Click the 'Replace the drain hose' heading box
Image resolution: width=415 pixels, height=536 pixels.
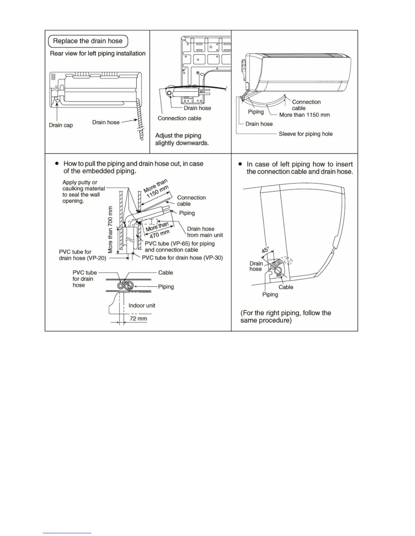[x=88, y=41]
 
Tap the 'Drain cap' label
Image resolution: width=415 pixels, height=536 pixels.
[x=61, y=125]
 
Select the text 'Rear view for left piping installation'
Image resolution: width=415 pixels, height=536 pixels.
[x=98, y=53]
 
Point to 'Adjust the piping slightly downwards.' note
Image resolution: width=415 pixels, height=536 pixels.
[x=182, y=139]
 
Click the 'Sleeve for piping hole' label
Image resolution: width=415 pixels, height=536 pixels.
[x=305, y=134]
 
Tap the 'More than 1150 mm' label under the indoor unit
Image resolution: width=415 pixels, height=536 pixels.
[x=304, y=115]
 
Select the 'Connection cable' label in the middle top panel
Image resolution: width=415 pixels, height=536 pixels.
[x=179, y=118]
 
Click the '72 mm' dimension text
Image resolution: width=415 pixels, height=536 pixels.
[x=138, y=319]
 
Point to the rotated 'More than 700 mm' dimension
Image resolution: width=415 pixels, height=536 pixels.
[x=110, y=230]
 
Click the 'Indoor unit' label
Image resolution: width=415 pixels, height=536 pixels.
[x=142, y=306]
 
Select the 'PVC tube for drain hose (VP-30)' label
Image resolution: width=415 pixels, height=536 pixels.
[x=182, y=258]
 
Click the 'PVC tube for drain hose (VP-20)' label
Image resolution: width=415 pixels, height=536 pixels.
[x=82, y=255]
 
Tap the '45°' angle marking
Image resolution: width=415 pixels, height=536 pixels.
[x=265, y=250]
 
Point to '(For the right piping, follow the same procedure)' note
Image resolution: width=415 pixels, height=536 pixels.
[x=285, y=317]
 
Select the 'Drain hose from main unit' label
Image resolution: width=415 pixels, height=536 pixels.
[x=205, y=232]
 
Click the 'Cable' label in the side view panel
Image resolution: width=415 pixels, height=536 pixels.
[x=286, y=287]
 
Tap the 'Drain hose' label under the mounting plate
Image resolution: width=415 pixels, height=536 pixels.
[x=197, y=108]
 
